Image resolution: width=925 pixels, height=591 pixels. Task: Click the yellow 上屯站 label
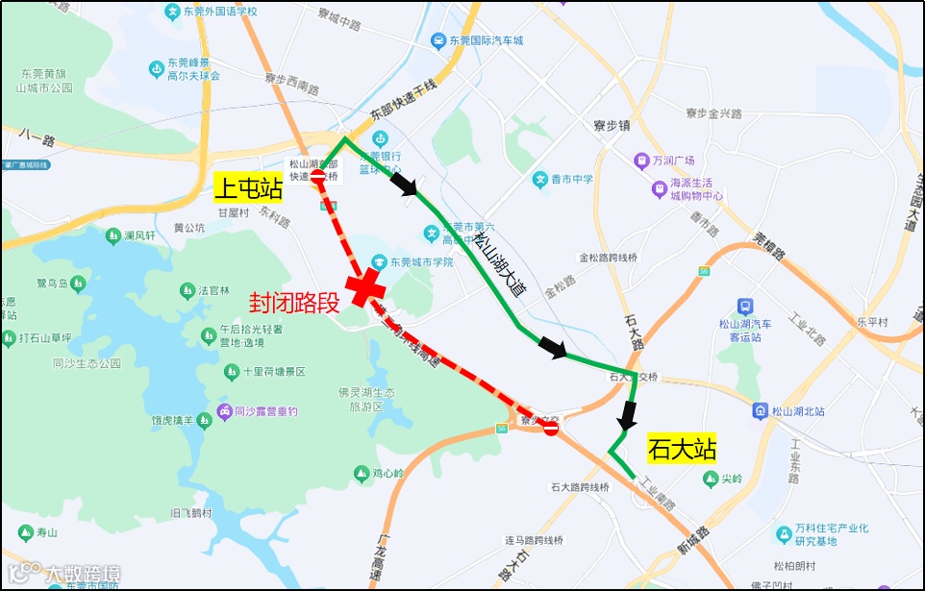point(248,186)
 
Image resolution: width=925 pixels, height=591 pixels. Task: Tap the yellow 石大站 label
point(682,449)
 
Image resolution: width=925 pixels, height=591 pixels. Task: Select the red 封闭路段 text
point(295,304)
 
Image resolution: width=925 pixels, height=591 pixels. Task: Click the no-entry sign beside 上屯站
point(318,176)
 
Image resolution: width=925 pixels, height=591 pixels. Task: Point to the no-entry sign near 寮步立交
point(551,429)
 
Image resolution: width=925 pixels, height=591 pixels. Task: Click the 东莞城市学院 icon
point(379,261)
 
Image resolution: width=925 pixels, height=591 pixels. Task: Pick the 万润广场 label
point(674,160)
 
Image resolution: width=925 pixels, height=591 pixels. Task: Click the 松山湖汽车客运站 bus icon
point(745,307)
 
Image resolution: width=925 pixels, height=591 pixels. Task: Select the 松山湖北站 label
point(799,410)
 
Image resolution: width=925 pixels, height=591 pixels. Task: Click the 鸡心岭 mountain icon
point(362,473)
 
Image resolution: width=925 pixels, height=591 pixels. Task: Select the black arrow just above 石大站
point(628,415)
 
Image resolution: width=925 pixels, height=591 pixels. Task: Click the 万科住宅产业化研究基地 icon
point(784,534)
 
